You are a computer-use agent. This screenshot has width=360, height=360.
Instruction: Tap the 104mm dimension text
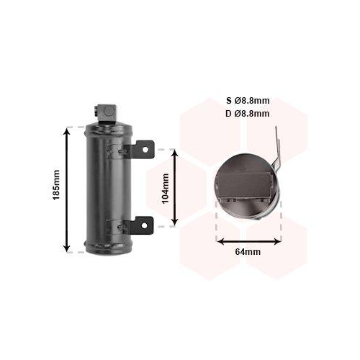165,189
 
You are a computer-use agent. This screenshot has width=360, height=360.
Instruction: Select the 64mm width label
247,251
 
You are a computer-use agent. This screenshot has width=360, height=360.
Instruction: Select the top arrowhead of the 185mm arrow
68,132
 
